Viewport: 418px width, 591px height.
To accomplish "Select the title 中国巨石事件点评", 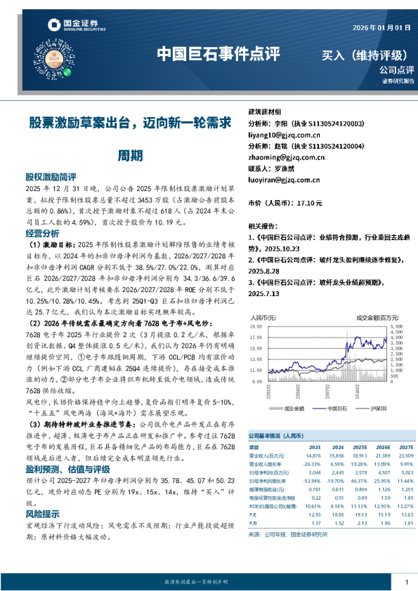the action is pyautogui.click(x=217, y=54).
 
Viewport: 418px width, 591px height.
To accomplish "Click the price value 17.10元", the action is pyautogui.click(x=308, y=203).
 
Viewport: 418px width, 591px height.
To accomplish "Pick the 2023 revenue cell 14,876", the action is pyautogui.click(x=314, y=454).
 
